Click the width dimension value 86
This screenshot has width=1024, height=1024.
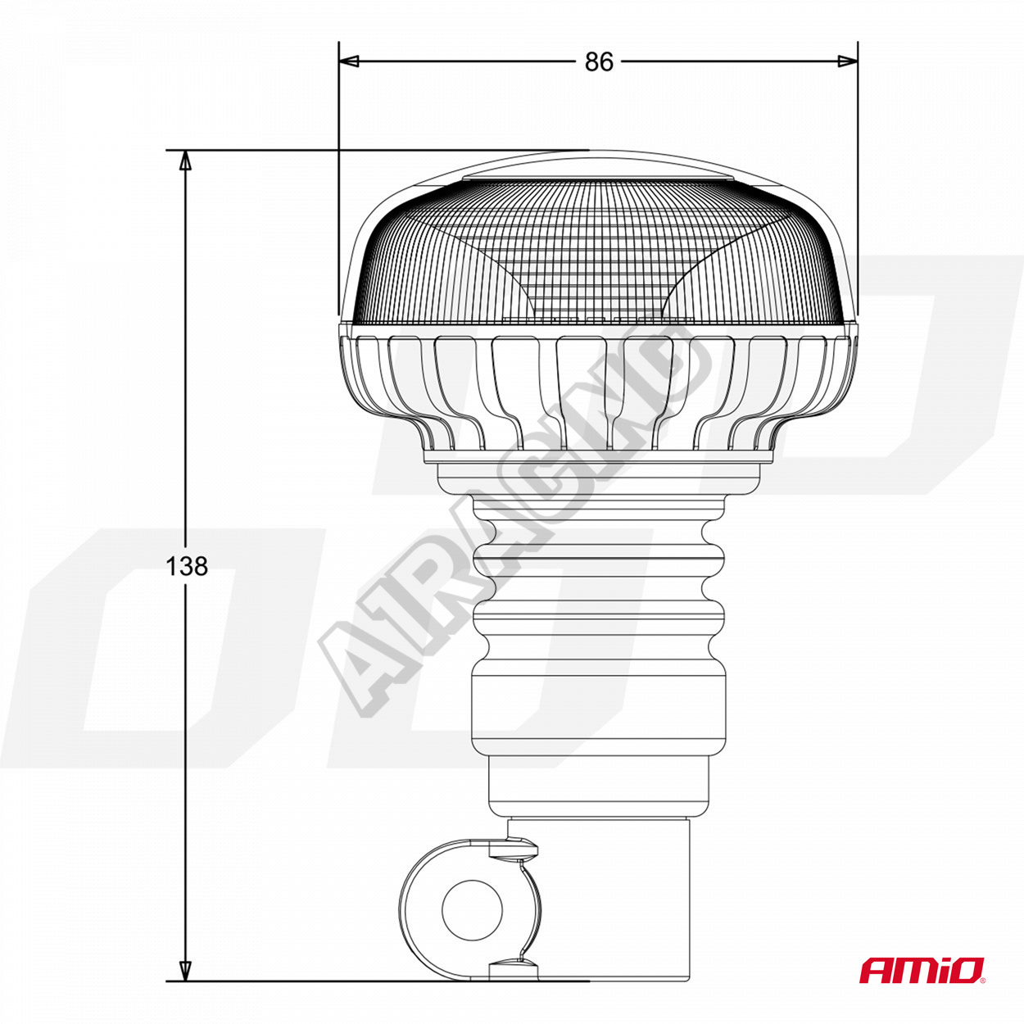pos(599,62)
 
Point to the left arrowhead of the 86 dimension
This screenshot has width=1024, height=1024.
pos(349,61)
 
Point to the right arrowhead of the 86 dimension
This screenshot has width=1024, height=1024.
pos(847,61)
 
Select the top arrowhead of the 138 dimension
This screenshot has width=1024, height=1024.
pos(185,161)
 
